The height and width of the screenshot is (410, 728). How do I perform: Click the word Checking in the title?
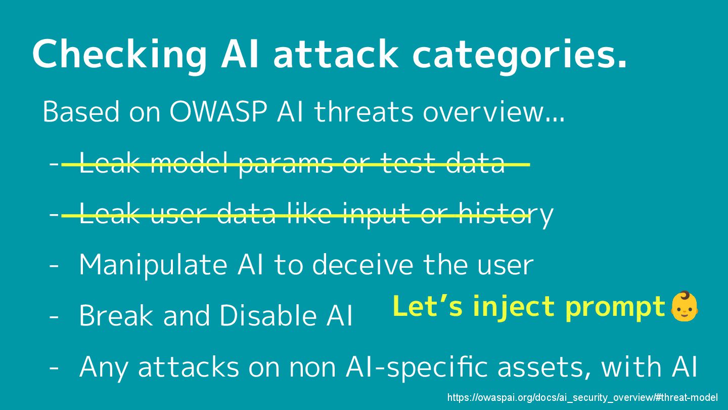119,55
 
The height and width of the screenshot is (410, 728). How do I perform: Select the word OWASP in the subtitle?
218,112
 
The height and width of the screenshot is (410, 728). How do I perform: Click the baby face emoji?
684,306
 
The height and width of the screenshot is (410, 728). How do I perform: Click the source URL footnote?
582,398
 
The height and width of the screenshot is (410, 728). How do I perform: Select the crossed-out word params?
286,163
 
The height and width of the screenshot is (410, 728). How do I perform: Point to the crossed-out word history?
506,214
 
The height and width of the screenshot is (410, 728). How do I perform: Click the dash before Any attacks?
54,367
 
